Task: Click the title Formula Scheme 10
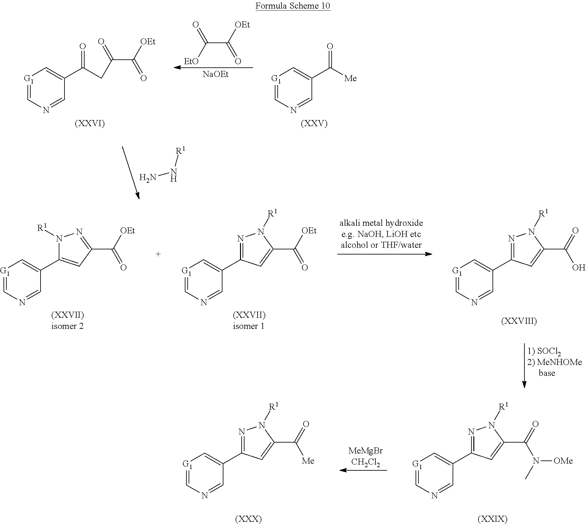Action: tap(293, 6)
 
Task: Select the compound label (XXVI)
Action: tap(90, 124)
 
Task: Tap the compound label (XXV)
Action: tap(314, 124)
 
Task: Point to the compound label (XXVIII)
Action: tap(519, 321)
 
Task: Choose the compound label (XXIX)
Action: tap(492, 519)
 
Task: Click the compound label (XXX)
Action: tap(248, 519)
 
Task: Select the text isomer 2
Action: tap(67, 326)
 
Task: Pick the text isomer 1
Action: tap(249, 326)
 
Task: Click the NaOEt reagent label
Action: tap(216, 74)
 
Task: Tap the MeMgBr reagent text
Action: tap(365, 451)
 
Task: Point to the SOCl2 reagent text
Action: tap(549, 352)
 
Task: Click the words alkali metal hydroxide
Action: tap(381, 223)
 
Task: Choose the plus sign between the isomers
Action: tap(158, 254)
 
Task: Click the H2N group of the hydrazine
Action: tap(147, 177)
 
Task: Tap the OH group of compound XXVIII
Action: tap(578, 267)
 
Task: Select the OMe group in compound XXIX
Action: tap(563, 461)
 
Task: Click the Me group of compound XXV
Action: tap(350, 78)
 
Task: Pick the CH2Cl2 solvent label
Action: tap(365, 462)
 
